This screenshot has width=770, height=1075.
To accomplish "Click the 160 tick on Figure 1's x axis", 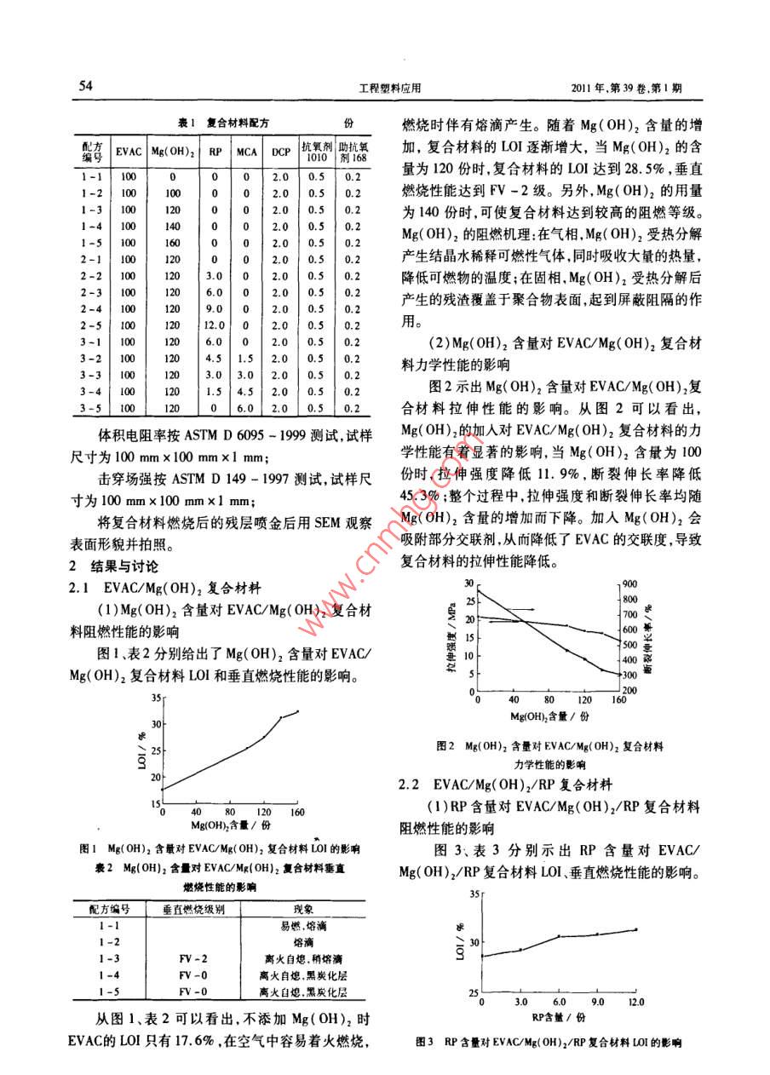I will coord(297,813).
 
